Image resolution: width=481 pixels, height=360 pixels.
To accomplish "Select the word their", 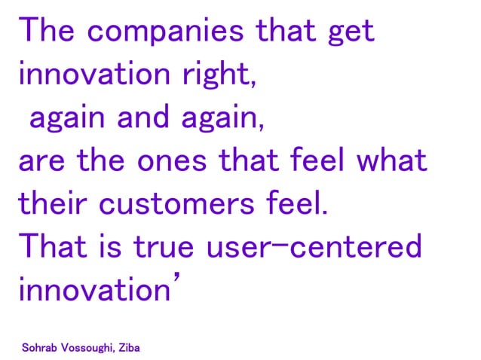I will tap(48, 203).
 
